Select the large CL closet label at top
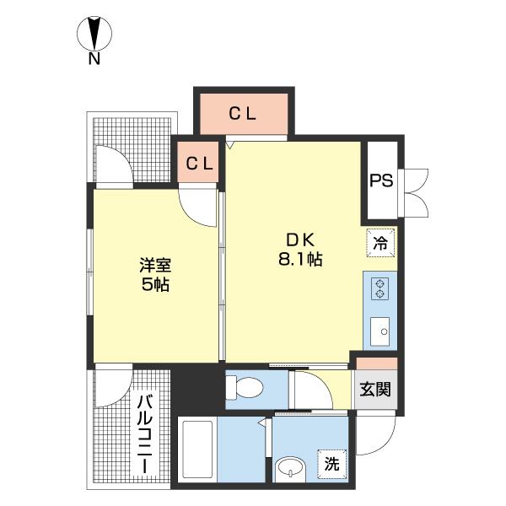coord(244,113)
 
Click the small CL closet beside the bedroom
coord(200,163)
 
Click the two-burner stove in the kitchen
coord(380,288)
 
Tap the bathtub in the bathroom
coord(197,453)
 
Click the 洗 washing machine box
coord(332,463)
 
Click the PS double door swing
coord(417,193)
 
